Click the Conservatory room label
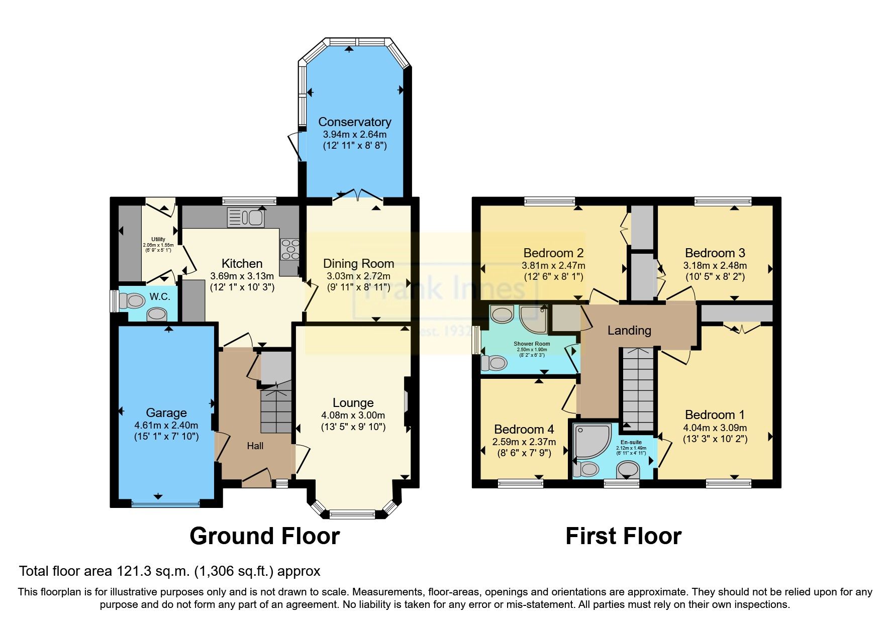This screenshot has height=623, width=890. point(354,122)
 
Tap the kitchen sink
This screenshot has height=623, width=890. point(246,218)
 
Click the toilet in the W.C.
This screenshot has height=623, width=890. point(132,301)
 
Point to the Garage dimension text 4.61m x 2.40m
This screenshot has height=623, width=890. point(166,425)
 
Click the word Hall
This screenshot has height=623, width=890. point(255,446)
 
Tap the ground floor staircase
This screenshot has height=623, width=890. point(276,407)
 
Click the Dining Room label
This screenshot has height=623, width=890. point(358,264)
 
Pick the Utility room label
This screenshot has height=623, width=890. point(158,240)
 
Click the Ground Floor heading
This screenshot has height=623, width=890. point(264,536)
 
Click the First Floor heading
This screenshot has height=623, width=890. point(623,536)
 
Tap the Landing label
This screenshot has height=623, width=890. point(629,330)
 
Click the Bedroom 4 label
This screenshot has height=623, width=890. point(524,429)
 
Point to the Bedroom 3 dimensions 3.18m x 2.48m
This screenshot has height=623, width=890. point(715,265)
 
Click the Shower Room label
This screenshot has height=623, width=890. point(532,344)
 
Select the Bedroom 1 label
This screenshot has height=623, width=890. point(715,415)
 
